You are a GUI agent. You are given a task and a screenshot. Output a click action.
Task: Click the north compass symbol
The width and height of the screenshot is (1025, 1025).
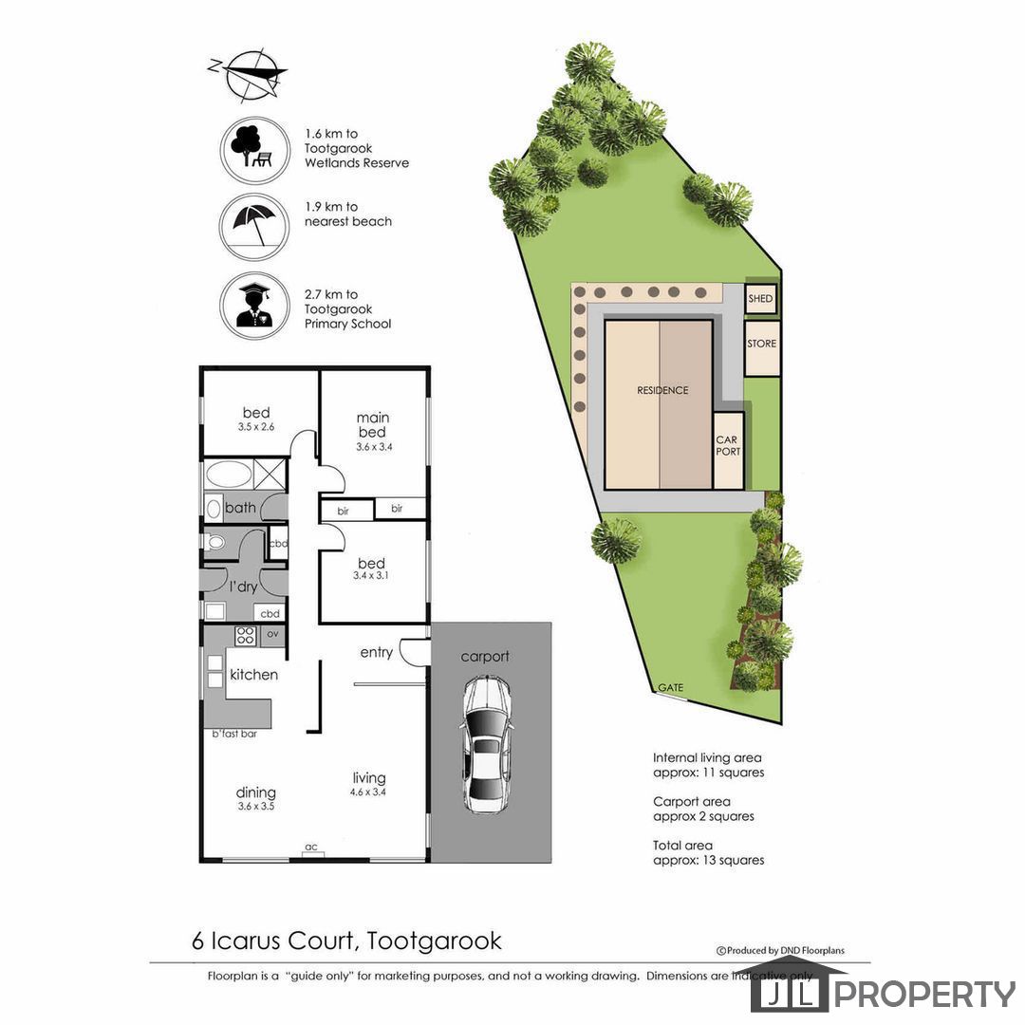[x=248, y=75]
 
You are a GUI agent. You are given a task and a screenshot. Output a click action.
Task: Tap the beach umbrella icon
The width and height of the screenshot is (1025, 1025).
[x=254, y=226]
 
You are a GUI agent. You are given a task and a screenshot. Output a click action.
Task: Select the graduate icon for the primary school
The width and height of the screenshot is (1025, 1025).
[x=254, y=306]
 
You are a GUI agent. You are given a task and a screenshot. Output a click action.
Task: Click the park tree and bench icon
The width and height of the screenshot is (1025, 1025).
[x=254, y=150]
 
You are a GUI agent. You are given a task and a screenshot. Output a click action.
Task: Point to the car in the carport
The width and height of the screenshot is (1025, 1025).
[x=485, y=745]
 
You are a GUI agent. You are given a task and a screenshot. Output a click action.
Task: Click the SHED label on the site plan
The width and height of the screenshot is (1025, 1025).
[x=760, y=299]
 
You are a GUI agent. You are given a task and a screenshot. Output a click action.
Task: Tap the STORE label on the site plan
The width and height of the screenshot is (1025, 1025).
[x=761, y=344]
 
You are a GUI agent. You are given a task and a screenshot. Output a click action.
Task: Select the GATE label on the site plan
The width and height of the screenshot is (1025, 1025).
[x=671, y=688]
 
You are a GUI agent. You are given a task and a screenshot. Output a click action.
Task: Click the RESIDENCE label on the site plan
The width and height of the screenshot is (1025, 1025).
[x=662, y=390]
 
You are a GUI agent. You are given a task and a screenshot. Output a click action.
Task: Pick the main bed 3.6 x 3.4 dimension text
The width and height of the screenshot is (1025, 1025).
[x=374, y=447]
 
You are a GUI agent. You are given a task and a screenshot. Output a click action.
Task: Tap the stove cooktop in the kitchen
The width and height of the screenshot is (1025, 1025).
[x=246, y=635]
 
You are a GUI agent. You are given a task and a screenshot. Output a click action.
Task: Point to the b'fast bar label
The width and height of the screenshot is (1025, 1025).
[x=234, y=734]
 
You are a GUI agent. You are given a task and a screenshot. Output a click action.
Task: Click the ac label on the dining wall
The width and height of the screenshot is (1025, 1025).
[x=311, y=848]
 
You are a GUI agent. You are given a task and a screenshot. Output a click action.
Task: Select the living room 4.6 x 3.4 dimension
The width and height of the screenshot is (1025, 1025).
[x=368, y=792]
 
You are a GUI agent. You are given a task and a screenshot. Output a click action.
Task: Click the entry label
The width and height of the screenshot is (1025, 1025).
[x=377, y=652]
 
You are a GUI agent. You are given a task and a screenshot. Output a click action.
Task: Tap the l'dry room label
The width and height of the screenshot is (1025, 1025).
[x=243, y=587]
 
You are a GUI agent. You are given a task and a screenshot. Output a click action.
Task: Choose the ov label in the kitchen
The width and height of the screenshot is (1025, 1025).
[x=272, y=634]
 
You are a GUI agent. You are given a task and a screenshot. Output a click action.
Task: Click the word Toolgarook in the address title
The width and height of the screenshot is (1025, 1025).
[x=434, y=941]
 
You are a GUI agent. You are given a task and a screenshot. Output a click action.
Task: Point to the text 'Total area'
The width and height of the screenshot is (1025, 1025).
[x=682, y=846]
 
